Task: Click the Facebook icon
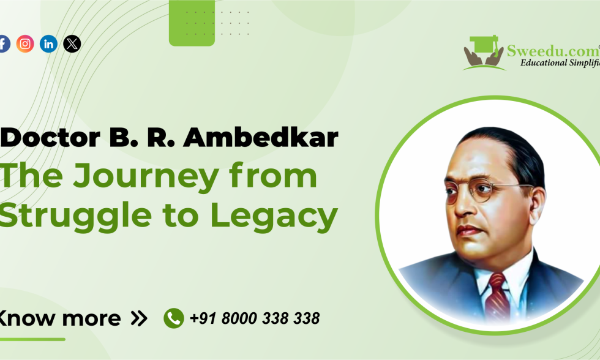pos(4,43)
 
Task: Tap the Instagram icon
pos(25,43)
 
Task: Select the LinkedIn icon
pos(49,43)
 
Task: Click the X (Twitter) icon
pos(72,43)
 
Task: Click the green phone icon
pos(174,318)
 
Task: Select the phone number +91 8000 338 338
pos(255,318)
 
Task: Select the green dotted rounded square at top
pos(192,23)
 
